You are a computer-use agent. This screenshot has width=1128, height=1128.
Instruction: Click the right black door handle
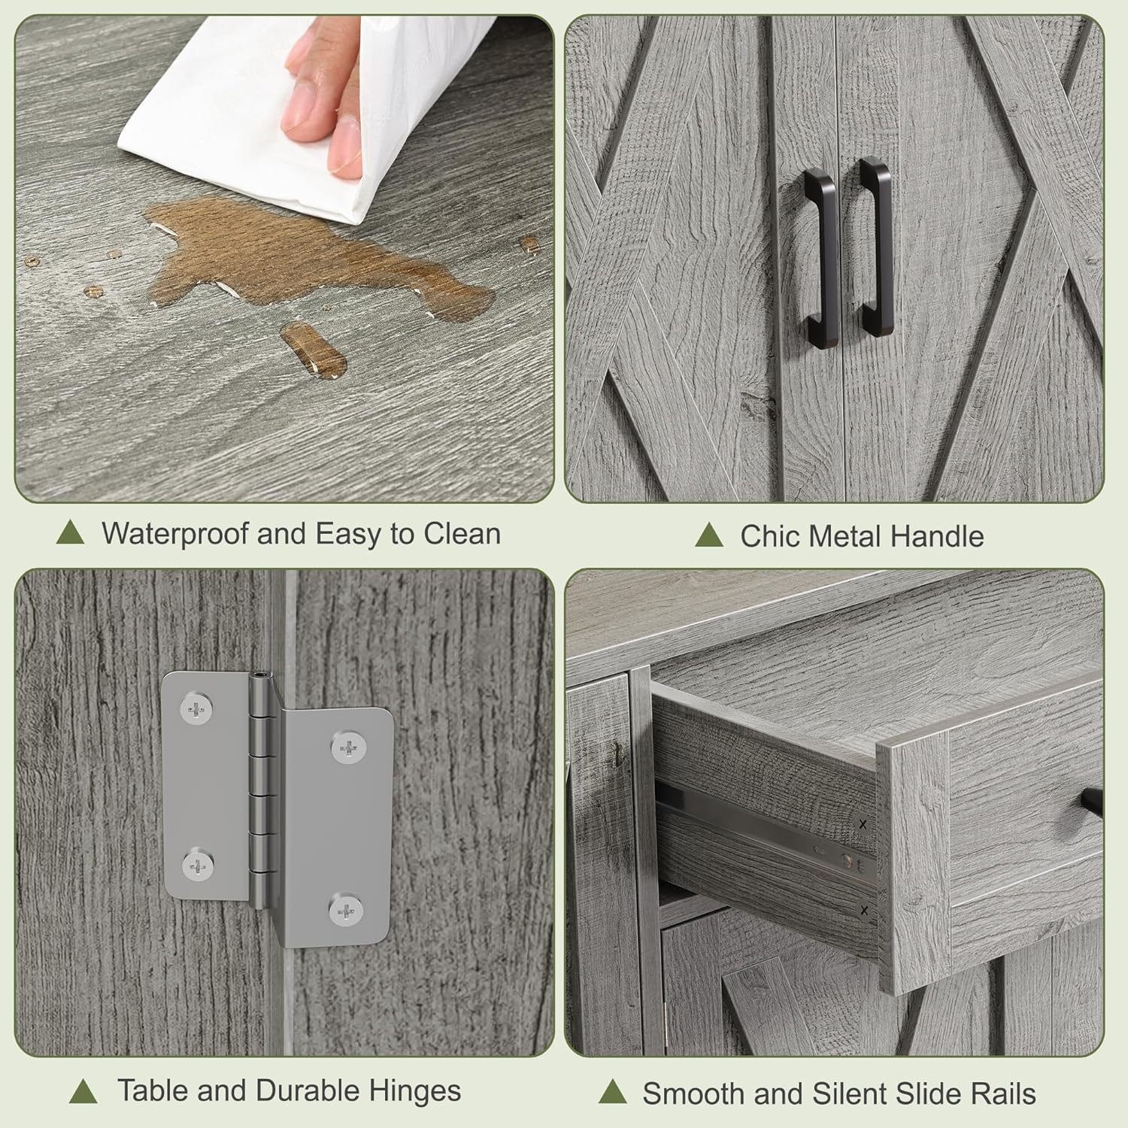(874, 248)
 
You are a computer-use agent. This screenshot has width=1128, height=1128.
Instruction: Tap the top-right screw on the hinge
(349, 747)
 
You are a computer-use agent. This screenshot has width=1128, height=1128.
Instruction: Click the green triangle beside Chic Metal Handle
(708, 535)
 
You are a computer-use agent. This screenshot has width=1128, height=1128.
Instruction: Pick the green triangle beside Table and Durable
(83, 1091)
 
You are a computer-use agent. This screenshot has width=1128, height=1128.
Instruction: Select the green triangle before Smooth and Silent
(613, 1092)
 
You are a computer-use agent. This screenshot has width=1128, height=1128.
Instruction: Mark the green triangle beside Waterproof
(70, 532)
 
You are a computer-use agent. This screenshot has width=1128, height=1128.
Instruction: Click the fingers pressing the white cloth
(323, 105)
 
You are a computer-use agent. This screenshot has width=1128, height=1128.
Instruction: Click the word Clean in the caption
(462, 534)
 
